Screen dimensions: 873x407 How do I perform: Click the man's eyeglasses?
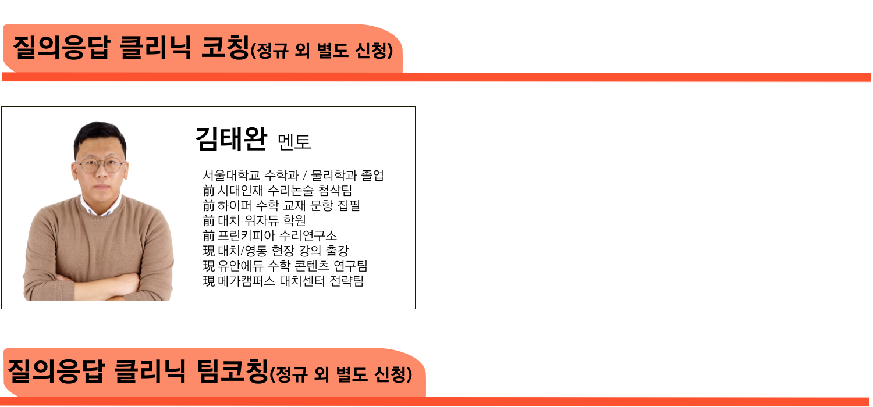click(x=101, y=165)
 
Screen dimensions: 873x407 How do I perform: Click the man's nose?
click(x=101, y=174)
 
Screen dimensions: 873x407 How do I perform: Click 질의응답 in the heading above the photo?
click(x=61, y=48)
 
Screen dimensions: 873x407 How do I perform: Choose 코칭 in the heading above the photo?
click(x=224, y=48)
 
